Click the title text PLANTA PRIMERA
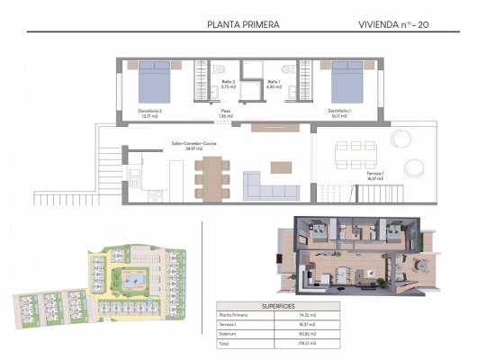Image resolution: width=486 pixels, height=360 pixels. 242,25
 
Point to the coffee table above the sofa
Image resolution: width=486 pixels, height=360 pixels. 282,166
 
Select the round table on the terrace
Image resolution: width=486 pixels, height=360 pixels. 417,168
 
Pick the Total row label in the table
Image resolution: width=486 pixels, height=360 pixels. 226,343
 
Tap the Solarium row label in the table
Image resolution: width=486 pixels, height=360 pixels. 229,334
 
